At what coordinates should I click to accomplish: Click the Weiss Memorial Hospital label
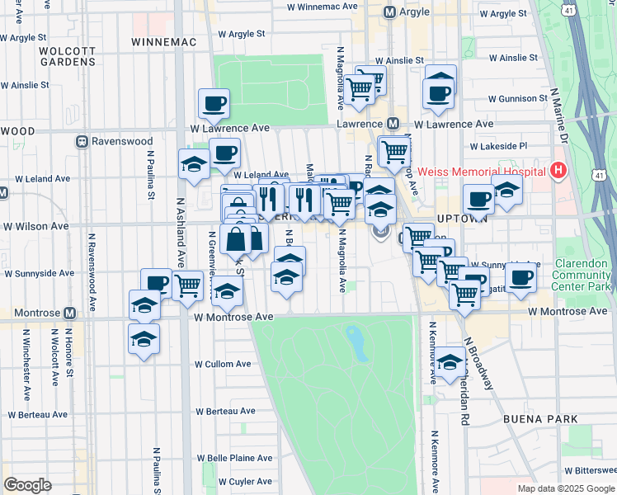[482, 172]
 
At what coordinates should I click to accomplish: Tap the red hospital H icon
[559, 172]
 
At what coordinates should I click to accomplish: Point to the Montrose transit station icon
[70, 313]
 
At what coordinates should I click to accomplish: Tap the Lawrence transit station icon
[393, 124]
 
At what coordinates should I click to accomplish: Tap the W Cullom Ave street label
[223, 364]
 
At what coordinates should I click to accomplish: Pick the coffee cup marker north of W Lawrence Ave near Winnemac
[214, 104]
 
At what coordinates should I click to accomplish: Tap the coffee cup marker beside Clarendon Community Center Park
[520, 279]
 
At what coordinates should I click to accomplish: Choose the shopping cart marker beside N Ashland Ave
[188, 285]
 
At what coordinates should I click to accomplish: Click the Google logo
[28, 485]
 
